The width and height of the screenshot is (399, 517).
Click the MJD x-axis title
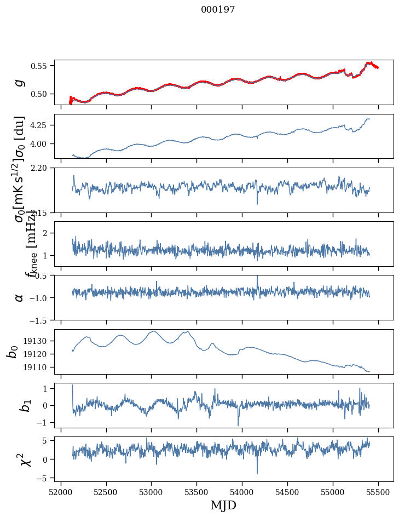pyautogui.click(x=223, y=505)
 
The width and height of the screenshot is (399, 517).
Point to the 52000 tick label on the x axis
pyautogui.click(x=61, y=491)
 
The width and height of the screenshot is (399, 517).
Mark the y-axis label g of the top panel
pyautogui.click(x=19, y=82)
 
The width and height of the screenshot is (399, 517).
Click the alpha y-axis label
pyautogui.click(x=19, y=297)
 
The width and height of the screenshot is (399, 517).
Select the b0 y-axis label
pyautogui.click(x=12, y=352)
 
